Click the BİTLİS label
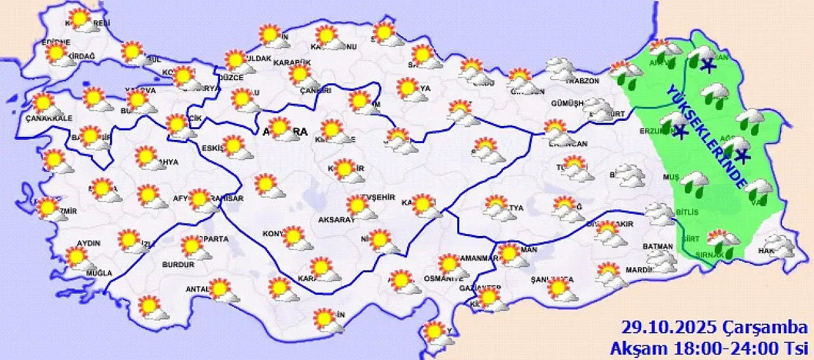click(x=688, y=212)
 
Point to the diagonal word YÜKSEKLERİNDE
click(x=706, y=136)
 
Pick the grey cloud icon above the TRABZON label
click(x=563, y=68)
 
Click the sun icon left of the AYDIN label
click(x=76, y=256)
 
